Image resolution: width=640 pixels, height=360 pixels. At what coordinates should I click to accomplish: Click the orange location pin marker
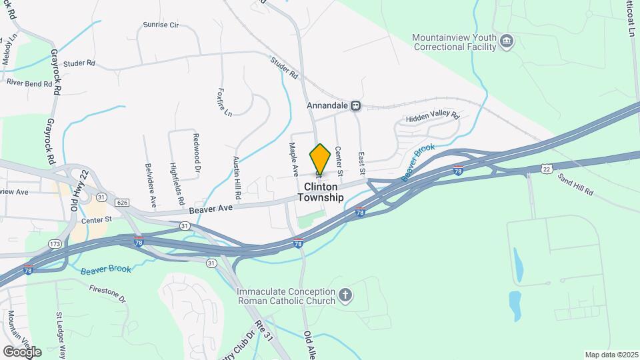(320, 159)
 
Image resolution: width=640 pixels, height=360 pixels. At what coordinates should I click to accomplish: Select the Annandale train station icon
(356, 105)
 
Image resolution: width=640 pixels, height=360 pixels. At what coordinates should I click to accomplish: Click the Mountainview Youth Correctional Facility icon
(507, 42)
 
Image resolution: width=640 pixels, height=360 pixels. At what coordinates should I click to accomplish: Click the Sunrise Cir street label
(161, 25)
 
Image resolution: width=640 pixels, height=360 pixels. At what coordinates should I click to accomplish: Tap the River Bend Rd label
(29, 84)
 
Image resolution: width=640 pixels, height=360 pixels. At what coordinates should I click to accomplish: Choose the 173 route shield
(56, 243)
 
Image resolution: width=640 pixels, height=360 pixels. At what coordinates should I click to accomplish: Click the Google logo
(22, 351)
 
